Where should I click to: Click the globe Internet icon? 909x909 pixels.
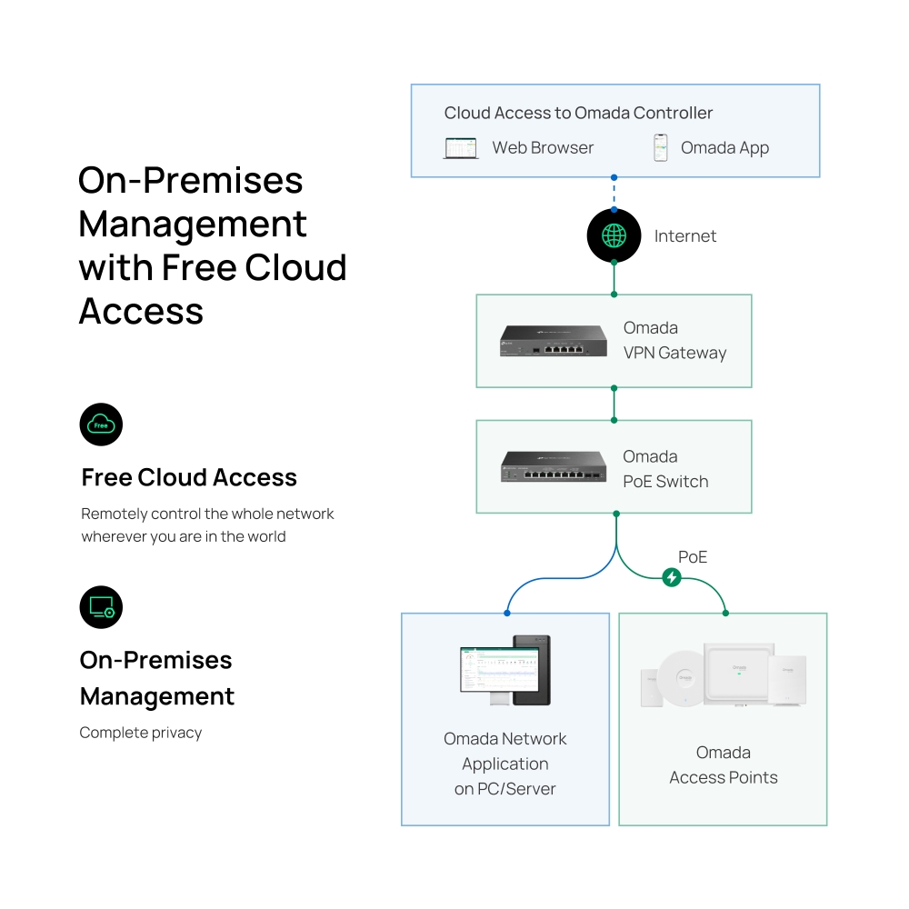[x=614, y=235]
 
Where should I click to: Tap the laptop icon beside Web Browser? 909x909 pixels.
[x=461, y=148]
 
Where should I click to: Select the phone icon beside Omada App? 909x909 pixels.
[x=661, y=148]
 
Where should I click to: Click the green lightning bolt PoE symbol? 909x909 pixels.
[x=672, y=577]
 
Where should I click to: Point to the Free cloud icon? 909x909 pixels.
[x=101, y=425]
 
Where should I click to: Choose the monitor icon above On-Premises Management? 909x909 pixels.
[x=101, y=606]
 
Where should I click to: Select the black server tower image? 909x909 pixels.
[x=531, y=670]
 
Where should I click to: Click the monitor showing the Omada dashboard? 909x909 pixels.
[x=486, y=671]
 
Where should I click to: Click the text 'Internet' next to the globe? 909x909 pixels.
[x=685, y=236]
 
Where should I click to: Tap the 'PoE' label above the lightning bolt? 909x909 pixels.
[x=693, y=556]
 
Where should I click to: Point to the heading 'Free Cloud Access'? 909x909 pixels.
[x=189, y=477]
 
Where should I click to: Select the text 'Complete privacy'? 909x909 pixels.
[x=141, y=733]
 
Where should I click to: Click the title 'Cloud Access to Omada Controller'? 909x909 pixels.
[x=578, y=114]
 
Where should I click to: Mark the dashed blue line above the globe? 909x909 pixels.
[x=614, y=193]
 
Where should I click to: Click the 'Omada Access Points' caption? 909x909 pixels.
[x=724, y=764]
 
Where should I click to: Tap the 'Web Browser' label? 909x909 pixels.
[x=543, y=148]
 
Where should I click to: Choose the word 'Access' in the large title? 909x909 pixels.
[x=141, y=311]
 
